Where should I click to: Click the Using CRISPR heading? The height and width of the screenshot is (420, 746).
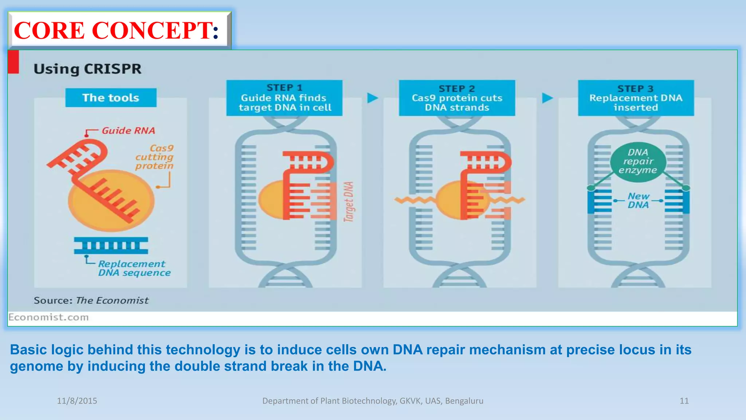(x=87, y=69)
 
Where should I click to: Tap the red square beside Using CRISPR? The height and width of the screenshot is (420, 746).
(x=13, y=62)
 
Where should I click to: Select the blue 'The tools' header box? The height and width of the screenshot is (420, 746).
(x=111, y=98)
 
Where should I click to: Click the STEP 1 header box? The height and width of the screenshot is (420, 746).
(x=284, y=98)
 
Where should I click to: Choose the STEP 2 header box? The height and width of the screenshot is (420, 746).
(x=457, y=98)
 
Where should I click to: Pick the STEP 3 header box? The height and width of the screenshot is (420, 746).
(x=636, y=98)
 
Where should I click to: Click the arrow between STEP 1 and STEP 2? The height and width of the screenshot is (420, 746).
(x=372, y=98)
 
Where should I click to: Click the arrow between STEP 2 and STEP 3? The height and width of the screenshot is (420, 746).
(x=547, y=98)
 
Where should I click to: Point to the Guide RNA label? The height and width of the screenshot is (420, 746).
(x=128, y=131)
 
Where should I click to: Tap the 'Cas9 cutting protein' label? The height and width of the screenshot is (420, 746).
(x=154, y=157)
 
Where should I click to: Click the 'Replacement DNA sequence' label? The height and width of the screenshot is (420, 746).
(x=133, y=268)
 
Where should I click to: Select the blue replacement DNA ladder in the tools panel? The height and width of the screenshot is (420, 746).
(x=111, y=245)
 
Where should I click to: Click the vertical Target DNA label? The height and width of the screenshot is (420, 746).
(x=349, y=202)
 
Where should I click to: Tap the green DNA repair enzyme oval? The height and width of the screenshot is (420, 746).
(x=638, y=162)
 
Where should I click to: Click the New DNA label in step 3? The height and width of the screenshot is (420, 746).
(x=638, y=201)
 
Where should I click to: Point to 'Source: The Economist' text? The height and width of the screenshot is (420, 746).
(x=91, y=300)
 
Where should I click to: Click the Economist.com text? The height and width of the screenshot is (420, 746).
(x=48, y=317)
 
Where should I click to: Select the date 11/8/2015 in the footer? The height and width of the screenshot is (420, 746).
(x=77, y=401)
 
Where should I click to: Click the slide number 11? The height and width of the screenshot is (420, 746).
(x=684, y=401)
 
